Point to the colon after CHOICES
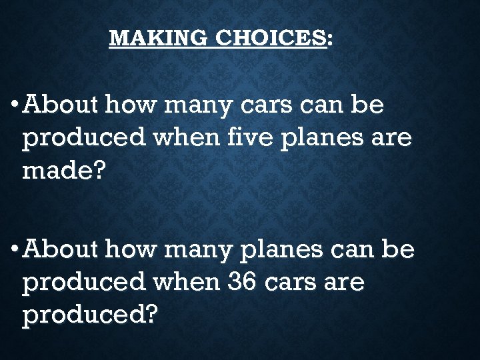pyautogui.click(x=331, y=39)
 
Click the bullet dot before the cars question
pyautogui.click(x=15, y=105)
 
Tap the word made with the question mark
pyautogui.click(x=64, y=171)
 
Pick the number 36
pyautogui.click(x=242, y=283)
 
